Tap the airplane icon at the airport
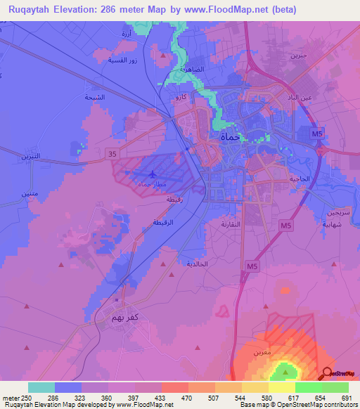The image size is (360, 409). coord(153,172)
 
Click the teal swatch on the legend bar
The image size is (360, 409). coord(41,387)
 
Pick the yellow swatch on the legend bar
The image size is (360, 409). coord(282,387)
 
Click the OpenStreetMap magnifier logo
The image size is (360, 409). coord(326,373)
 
